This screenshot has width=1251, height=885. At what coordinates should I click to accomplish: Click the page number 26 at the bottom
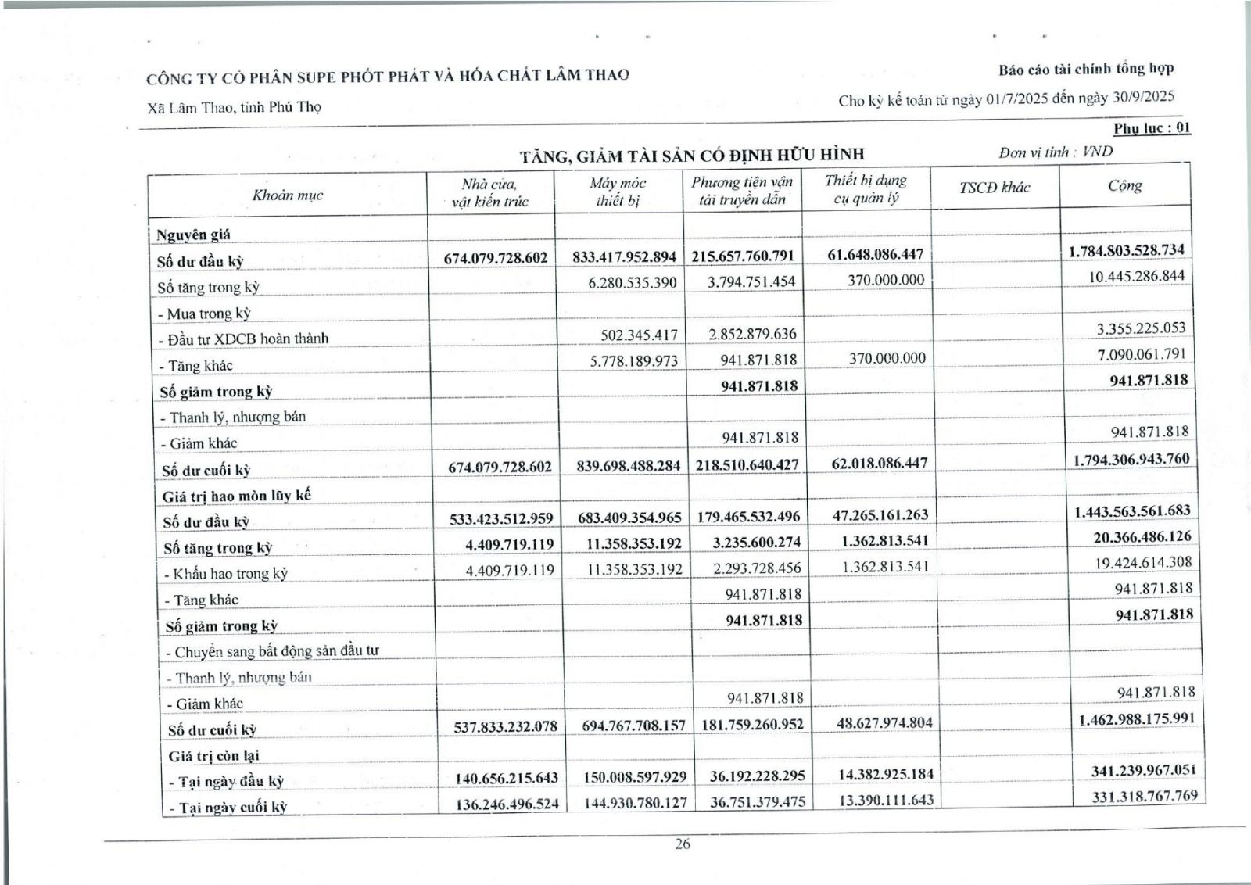coord(683,844)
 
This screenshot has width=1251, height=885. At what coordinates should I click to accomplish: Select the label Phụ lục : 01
coord(1152,128)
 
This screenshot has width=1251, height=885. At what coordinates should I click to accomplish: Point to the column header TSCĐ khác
coord(995,188)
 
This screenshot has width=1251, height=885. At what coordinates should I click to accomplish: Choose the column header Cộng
coord(1124,186)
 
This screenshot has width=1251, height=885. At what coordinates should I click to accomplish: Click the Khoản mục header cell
coord(287,195)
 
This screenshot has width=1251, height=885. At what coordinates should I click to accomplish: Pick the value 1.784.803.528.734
coord(1126,251)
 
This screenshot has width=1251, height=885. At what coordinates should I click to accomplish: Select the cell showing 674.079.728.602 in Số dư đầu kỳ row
coord(497,257)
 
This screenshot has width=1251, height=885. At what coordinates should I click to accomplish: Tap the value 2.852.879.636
coord(751,334)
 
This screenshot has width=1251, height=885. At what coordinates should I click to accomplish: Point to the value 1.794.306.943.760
coord(1131,459)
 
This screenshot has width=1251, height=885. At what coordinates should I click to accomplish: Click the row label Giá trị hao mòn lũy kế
coord(236,496)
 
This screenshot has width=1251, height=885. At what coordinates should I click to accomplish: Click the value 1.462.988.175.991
coord(1138,718)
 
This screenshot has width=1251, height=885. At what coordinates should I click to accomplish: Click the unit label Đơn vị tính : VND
coord(1056,152)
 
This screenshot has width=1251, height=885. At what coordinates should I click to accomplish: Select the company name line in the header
coord(388,76)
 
